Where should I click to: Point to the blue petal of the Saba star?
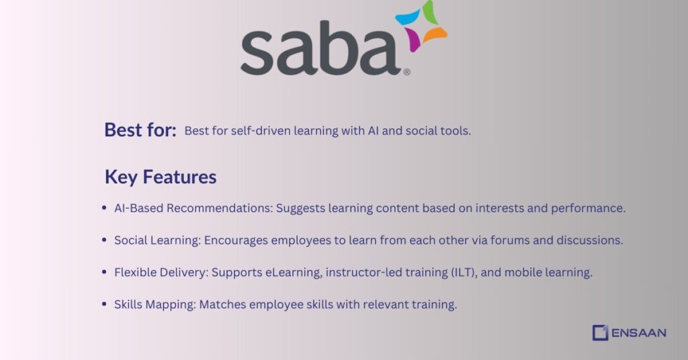pos(407,17)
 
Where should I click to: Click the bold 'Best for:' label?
pos(140,130)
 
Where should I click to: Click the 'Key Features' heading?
pos(160,177)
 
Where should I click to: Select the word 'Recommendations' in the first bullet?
pos(220,208)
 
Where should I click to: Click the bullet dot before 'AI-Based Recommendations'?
pos(104,208)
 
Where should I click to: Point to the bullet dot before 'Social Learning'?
pos(104,240)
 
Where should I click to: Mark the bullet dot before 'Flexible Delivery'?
pos(104,272)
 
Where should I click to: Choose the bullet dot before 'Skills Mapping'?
pos(104,304)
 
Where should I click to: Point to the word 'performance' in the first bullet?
pos(591,208)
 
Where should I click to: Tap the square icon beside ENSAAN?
pos(600,332)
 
